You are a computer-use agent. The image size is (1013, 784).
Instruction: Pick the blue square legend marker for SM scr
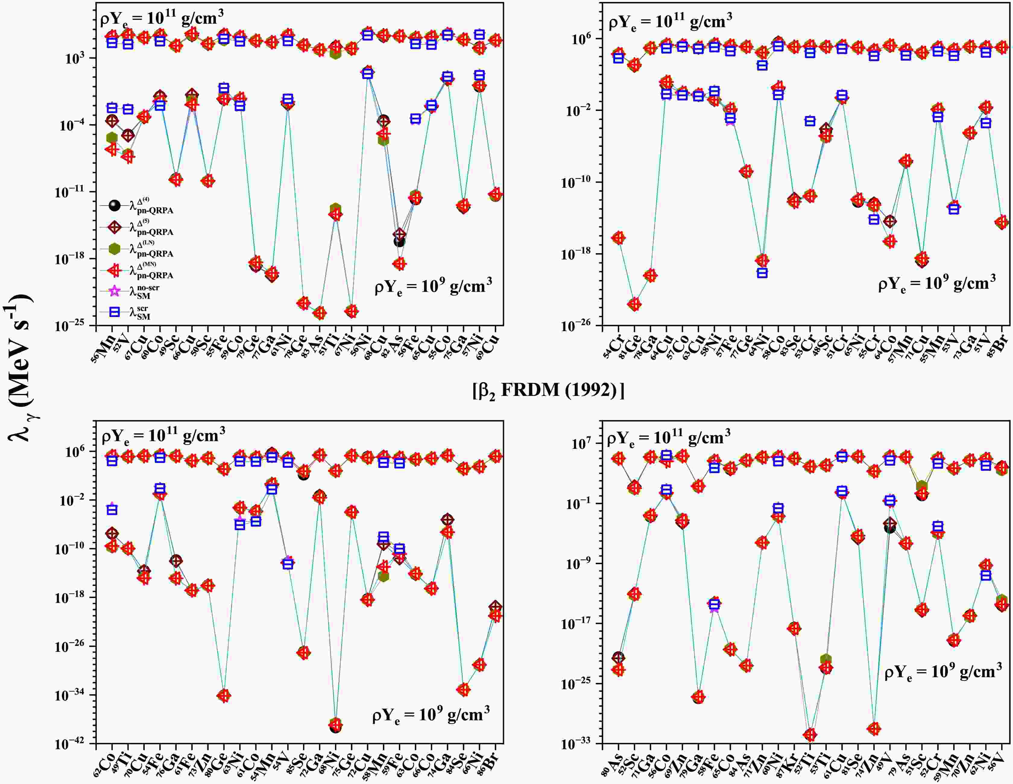point(114,312)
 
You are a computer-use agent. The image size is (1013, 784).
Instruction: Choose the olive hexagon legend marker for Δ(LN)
point(114,249)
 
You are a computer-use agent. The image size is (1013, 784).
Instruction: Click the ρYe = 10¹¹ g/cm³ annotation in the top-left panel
point(162,19)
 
